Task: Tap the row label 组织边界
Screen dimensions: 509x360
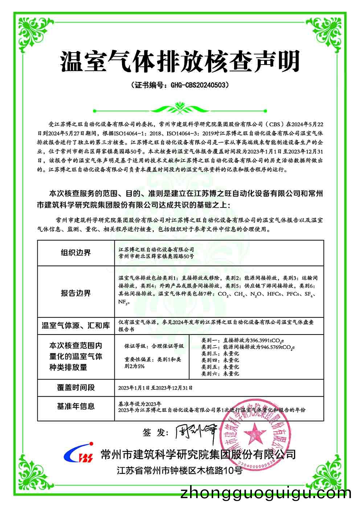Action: [x=75, y=253]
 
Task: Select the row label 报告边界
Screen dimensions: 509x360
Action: [x=75, y=293]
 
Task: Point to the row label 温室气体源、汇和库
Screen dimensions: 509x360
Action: [x=75, y=325]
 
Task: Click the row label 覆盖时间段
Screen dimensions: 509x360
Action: [x=75, y=387]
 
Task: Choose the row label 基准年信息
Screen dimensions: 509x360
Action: [x=75, y=406]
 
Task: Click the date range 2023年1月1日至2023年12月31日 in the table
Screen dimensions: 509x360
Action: [x=155, y=388]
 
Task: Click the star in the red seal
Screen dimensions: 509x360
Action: [x=257, y=433]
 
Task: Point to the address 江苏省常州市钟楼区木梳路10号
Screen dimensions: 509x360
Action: [x=179, y=471]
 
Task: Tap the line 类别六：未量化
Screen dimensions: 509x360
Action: [x=220, y=373]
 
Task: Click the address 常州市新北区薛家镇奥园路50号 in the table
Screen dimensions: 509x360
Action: [x=156, y=256]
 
